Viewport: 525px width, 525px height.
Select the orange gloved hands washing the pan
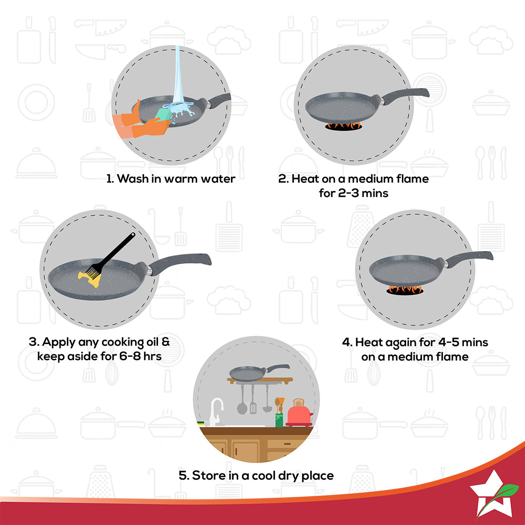(x=138, y=124)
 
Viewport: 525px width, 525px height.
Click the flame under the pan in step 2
(x=343, y=126)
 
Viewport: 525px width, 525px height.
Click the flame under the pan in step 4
(x=405, y=289)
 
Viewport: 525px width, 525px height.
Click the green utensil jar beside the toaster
(x=279, y=419)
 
